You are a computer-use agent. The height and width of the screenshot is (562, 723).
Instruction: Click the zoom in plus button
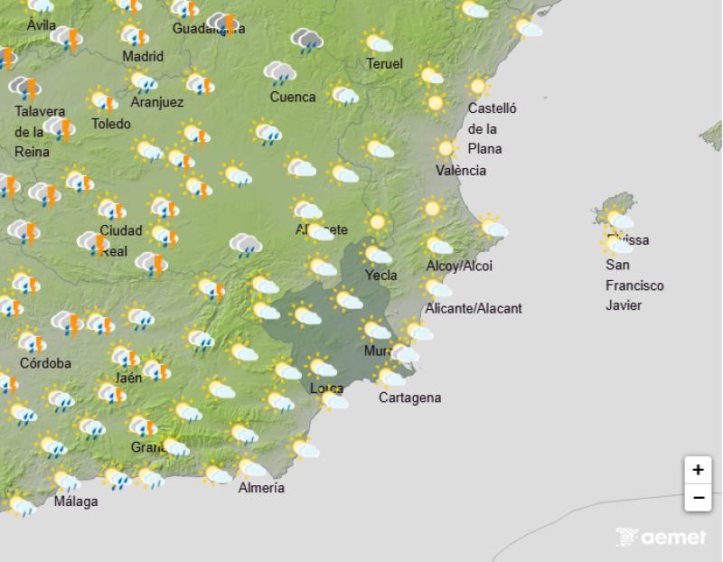[698, 470]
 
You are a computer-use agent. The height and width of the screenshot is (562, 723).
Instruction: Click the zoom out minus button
[698, 497]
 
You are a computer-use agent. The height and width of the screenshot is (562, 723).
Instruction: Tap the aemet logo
[661, 537]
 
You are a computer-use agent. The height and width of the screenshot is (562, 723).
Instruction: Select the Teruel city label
[384, 63]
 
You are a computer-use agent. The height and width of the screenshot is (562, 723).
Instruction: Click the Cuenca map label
[293, 97]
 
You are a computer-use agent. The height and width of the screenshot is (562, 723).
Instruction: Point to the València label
[460, 171]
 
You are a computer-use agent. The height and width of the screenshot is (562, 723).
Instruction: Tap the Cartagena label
[409, 398]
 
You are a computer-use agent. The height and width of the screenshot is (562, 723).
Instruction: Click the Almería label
[261, 488]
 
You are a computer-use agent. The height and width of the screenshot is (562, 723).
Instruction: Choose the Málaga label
[76, 501]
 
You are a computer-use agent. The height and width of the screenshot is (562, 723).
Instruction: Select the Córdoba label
[45, 363]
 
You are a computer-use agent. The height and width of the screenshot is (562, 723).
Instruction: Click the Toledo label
[111, 124]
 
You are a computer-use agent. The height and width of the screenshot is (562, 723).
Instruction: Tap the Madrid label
[143, 56]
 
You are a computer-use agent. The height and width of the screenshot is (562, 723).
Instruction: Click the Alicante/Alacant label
[474, 308]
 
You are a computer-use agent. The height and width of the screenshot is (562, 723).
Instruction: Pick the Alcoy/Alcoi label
[459, 266]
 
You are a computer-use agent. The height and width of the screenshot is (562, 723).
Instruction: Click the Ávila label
[41, 25]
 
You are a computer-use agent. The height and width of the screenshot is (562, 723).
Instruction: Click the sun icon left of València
[444, 148]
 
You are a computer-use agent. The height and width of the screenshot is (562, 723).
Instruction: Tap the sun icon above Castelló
[477, 87]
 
